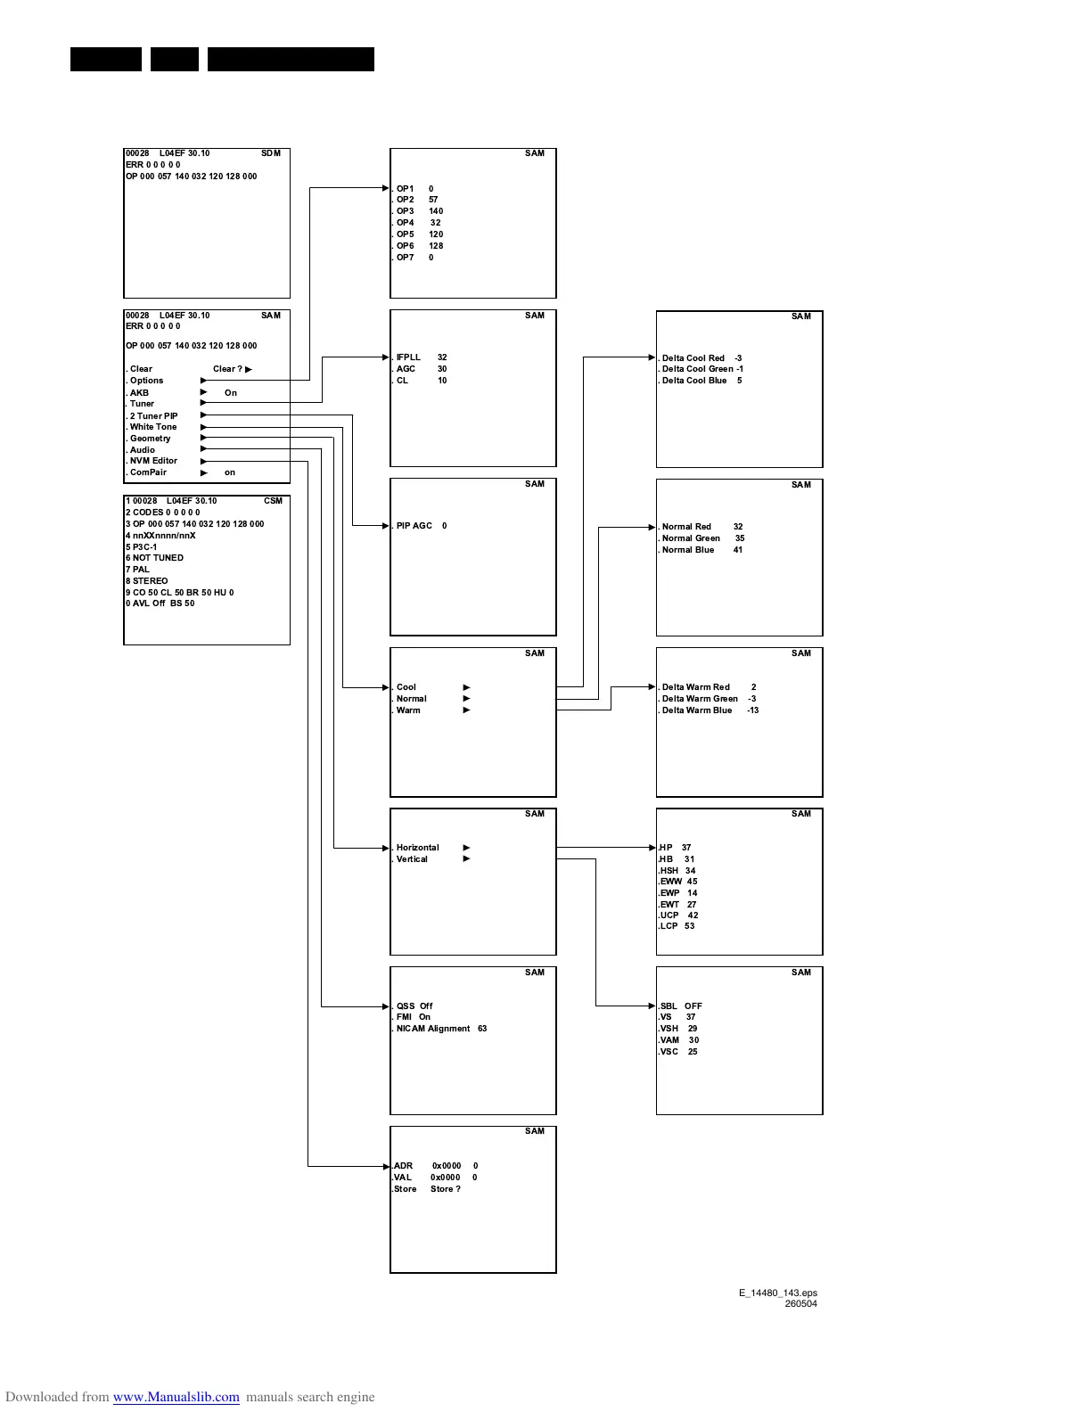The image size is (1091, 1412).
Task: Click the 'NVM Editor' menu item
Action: click(153, 461)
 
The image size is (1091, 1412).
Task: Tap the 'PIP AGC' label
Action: click(414, 526)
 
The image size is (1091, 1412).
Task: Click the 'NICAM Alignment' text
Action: click(432, 1029)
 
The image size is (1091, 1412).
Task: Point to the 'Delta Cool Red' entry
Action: click(693, 358)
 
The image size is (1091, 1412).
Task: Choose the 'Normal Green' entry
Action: click(691, 538)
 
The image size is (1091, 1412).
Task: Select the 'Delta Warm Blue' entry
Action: click(696, 710)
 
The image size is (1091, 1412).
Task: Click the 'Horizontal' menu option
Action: click(417, 848)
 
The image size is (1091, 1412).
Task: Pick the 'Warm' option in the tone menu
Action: click(408, 710)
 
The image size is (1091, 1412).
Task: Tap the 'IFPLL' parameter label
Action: click(408, 357)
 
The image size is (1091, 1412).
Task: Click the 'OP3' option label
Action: click(405, 211)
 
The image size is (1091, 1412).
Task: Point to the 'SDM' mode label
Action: click(271, 153)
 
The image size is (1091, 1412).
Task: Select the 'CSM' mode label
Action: click(273, 501)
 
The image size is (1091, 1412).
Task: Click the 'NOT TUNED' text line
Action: click(158, 558)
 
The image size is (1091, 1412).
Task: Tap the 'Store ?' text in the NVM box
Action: click(446, 1189)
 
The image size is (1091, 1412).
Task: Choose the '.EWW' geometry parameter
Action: click(670, 882)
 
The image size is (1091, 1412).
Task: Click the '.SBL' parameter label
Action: click(669, 1006)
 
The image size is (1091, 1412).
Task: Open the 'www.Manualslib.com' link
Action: click(176, 1397)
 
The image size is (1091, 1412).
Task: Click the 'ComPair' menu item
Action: click(148, 472)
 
